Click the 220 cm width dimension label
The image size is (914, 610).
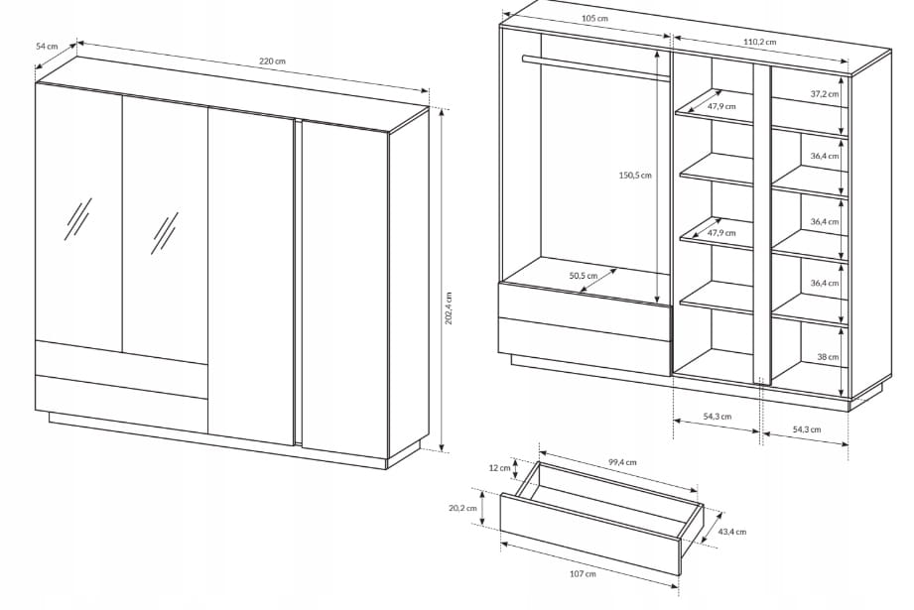pyautogui.click(x=272, y=61)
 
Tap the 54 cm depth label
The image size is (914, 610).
pyautogui.click(x=48, y=46)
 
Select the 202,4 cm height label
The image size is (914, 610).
pyautogui.click(x=449, y=308)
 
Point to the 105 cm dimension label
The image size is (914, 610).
pyautogui.click(x=594, y=18)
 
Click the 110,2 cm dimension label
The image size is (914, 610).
pyautogui.click(x=759, y=42)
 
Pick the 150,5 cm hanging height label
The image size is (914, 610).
pyautogui.click(x=635, y=175)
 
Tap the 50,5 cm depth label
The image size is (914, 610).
pyautogui.click(x=583, y=276)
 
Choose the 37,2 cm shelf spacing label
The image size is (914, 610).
pyautogui.click(x=825, y=94)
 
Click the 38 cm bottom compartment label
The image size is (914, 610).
pyautogui.click(x=827, y=356)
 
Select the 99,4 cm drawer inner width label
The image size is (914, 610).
pyautogui.click(x=622, y=462)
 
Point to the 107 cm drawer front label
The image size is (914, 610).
pyautogui.click(x=583, y=574)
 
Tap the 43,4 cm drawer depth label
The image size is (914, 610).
pyautogui.click(x=731, y=532)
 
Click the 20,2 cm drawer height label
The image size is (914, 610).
pyautogui.click(x=462, y=508)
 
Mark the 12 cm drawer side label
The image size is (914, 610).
pyautogui.click(x=499, y=467)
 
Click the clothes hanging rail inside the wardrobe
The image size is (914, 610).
pyautogui.click(x=595, y=67)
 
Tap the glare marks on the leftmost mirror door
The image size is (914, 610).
pyautogui.click(x=77, y=219)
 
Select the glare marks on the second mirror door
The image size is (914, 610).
pyautogui.click(x=165, y=233)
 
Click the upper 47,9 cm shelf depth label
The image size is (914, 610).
pyautogui.click(x=721, y=106)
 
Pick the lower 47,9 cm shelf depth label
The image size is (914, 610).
pyautogui.click(x=721, y=232)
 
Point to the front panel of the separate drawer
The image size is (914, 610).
pyautogui.click(x=589, y=535)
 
